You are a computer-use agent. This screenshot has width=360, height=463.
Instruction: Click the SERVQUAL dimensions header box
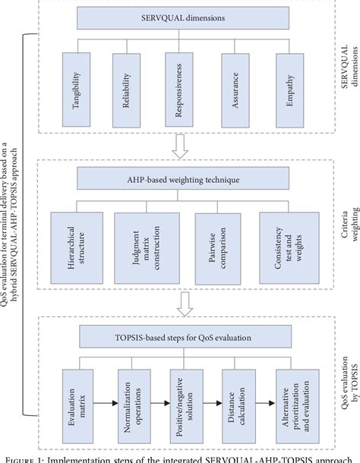182,17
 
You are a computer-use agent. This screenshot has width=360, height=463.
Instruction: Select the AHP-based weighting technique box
182,178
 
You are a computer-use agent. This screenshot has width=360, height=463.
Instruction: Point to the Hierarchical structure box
74,244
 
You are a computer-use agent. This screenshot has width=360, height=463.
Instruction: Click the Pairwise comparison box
215,244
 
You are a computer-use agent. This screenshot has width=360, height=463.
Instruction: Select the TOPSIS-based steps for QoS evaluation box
182,336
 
